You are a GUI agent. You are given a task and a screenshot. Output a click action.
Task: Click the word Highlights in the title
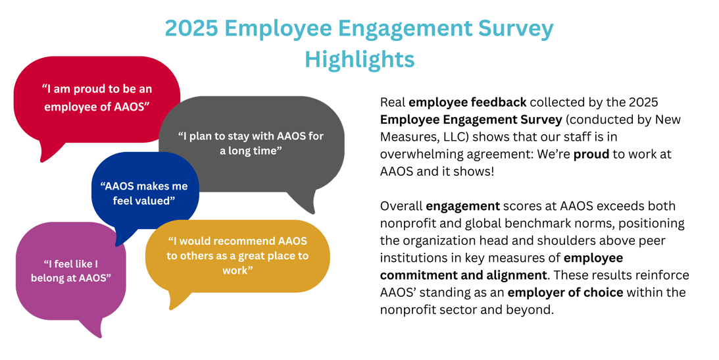359,60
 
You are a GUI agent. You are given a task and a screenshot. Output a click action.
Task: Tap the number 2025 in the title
191,29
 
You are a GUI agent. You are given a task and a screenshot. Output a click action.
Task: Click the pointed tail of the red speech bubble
43,161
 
